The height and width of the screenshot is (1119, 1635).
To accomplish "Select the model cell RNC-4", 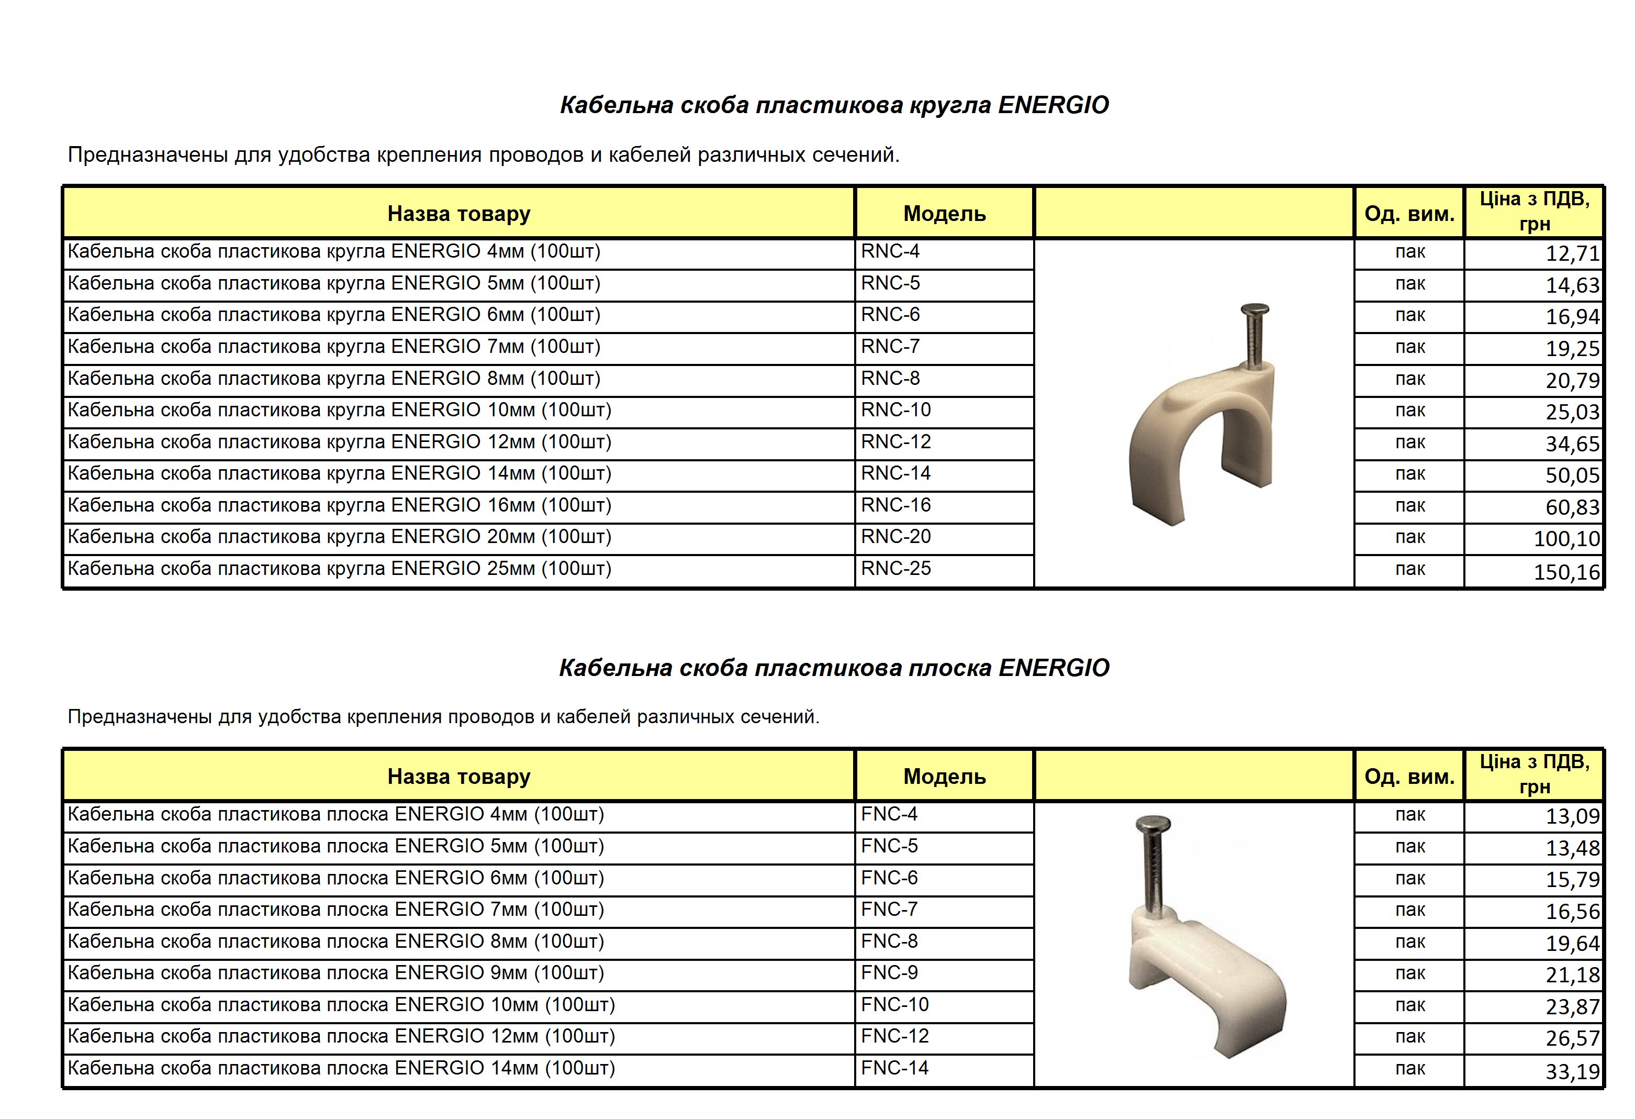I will click(890, 251).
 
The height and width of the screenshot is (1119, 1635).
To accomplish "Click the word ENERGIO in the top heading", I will click(1053, 105).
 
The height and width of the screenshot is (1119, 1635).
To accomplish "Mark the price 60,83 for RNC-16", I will click(1572, 507).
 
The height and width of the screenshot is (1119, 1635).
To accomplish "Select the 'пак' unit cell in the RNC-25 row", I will click(1409, 569).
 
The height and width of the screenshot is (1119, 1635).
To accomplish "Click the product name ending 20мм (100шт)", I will click(339, 537).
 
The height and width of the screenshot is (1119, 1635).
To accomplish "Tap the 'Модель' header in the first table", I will click(944, 214).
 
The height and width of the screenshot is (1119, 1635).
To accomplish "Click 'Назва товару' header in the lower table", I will click(458, 777).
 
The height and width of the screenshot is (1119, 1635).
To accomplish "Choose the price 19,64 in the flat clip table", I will click(1572, 944).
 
